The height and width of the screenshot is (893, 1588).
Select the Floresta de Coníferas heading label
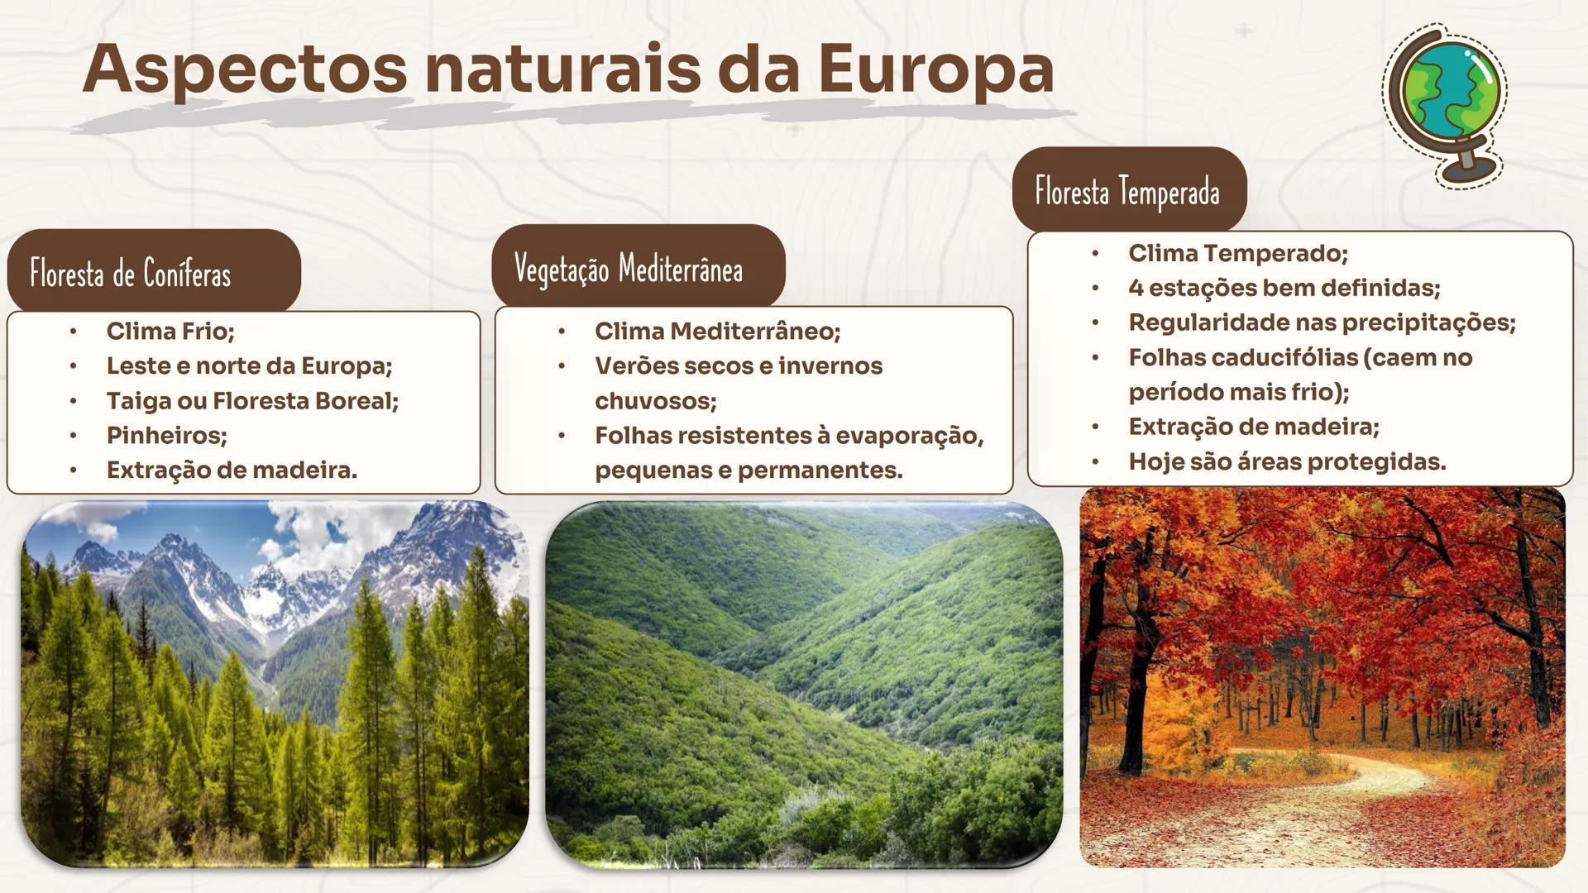pos(131,274)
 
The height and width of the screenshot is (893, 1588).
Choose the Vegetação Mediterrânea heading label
pos(629,269)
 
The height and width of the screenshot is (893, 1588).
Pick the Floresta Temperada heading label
pos(1127,192)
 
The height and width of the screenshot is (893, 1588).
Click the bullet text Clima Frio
pos(170,332)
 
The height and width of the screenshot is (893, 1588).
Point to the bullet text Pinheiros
pos(166,436)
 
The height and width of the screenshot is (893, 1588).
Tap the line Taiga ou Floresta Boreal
pos(252,401)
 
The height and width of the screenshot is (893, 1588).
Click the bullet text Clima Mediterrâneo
pos(717,332)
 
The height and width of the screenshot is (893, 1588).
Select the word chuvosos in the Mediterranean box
pos(655,401)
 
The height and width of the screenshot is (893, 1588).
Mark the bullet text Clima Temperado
pos(1238,253)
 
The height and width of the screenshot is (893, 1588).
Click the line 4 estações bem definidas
pos(1284,288)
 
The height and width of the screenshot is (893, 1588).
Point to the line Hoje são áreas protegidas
pos(1287,461)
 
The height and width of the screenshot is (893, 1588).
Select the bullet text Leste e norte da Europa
pos(249,366)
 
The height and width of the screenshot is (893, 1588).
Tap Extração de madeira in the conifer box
pos(232,470)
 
